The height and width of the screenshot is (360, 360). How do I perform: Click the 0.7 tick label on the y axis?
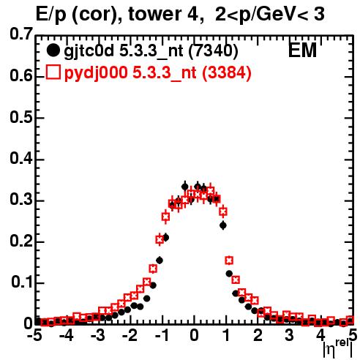point(21,34)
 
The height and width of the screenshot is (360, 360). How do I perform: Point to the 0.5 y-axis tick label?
point(21,117)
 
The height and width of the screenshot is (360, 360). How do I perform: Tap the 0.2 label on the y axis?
point(21,241)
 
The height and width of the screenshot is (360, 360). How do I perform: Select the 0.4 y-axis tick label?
point(21,158)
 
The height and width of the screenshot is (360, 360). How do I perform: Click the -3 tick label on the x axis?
point(98,336)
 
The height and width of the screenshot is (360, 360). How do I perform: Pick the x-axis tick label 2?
point(258,336)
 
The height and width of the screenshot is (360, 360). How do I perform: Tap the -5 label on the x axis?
point(34,336)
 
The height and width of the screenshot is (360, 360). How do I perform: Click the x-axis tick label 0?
point(194,336)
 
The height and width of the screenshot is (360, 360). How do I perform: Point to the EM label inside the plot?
point(302,50)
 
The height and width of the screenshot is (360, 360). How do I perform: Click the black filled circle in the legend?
point(53,50)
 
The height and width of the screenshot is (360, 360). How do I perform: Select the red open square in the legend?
point(53,72)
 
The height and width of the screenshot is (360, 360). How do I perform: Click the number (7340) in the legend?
point(213,51)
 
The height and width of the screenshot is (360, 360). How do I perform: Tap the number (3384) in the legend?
point(227,72)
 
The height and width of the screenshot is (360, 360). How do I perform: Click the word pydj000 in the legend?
point(96,73)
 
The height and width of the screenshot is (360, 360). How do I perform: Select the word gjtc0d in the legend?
point(89,52)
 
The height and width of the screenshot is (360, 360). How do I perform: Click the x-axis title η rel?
point(338,348)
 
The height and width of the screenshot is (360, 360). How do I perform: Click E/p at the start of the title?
point(51,15)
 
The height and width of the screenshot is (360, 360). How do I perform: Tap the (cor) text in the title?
point(97,15)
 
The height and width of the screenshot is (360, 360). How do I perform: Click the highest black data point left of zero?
point(185,187)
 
